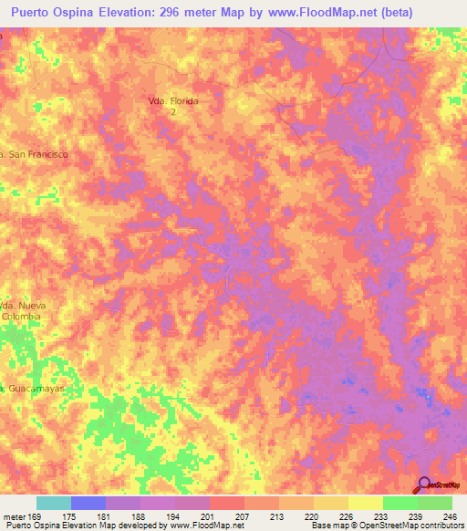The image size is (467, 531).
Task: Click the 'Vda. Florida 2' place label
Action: coord(172,105)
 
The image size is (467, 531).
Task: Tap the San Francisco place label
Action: coord(36,155)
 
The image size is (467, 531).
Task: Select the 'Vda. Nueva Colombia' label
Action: coord(21,310)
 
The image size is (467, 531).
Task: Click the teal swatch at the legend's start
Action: coord(54,503)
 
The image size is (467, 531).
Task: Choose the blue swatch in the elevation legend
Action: coord(88,503)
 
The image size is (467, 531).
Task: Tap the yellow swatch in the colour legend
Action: coord(330,503)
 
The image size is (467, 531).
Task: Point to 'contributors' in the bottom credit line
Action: coord(439,526)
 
